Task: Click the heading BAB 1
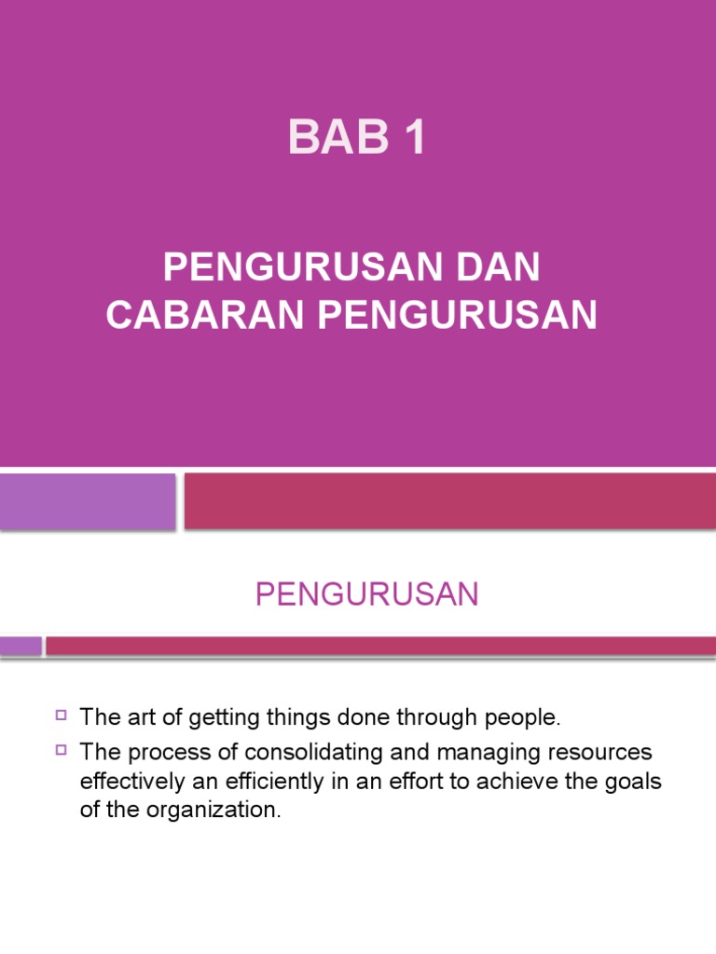(x=357, y=137)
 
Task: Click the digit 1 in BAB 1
(x=412, y=137)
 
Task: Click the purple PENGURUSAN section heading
(x=366, y=594)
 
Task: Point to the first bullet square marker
(x=62, y=715)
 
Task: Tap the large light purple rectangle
(x=88, y=501)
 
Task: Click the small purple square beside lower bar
(x=21, y=646)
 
